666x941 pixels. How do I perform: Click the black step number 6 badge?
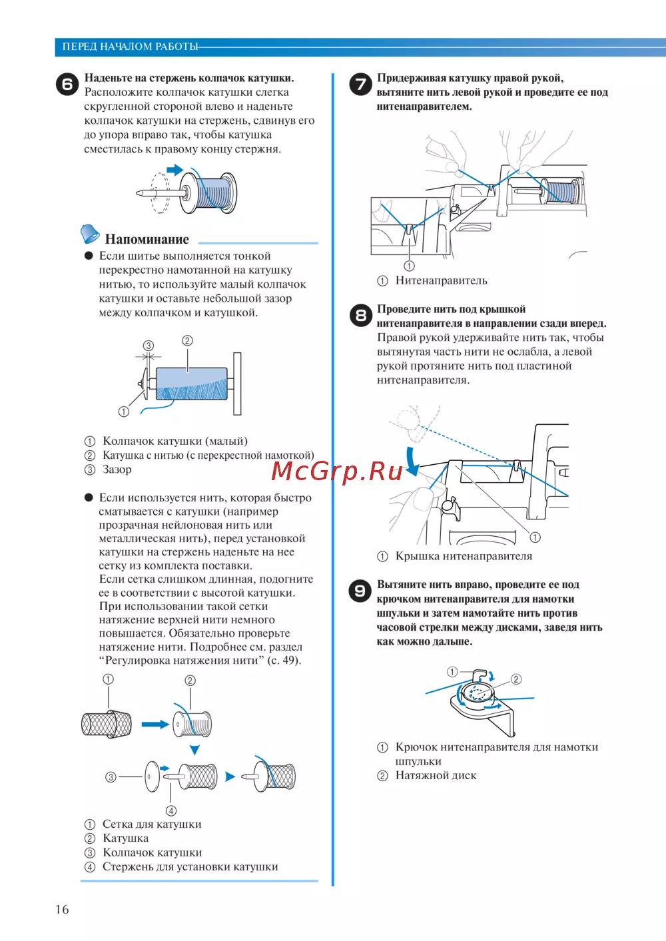point(67,85)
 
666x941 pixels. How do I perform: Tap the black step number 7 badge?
point(360,85)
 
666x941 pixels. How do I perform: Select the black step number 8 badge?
point(360,315)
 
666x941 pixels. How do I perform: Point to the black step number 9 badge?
point(360,591)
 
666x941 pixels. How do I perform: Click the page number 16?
point(62,910)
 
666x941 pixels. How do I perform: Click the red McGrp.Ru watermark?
point(337,471)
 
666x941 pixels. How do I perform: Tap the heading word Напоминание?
point(147,239)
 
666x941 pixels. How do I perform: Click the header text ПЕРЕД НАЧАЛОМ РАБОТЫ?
point(130,47)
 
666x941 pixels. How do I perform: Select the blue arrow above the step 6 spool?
point(174,170)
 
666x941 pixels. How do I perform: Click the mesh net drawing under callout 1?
point(107,724)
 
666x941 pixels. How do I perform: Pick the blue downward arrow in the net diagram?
point(194,750)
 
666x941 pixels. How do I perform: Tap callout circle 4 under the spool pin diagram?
point(171,810)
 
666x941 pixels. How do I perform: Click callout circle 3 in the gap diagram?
point(149,346)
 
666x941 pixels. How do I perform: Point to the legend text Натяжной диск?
point(436,775)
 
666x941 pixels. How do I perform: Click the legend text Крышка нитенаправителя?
point(464,556)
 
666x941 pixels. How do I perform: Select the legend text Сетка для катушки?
point(152,824)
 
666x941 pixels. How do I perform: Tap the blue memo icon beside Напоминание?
point(89,234)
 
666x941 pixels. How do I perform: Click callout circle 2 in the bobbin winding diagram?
point(516,679)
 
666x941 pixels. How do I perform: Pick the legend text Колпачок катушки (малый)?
point(175,441)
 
